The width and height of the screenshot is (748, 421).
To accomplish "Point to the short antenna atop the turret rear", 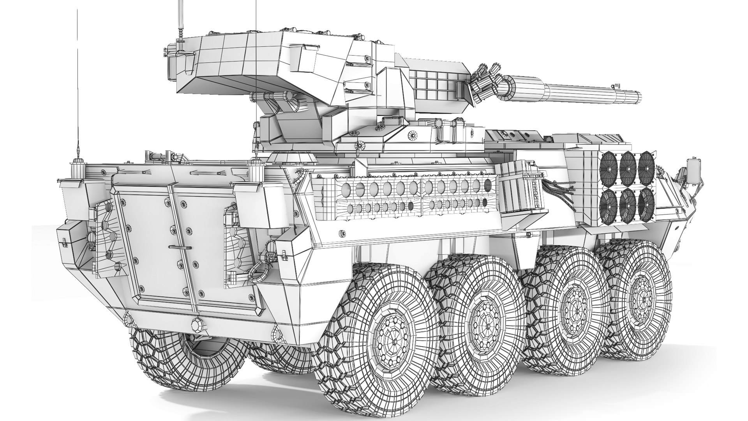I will [x=180, y=23].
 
